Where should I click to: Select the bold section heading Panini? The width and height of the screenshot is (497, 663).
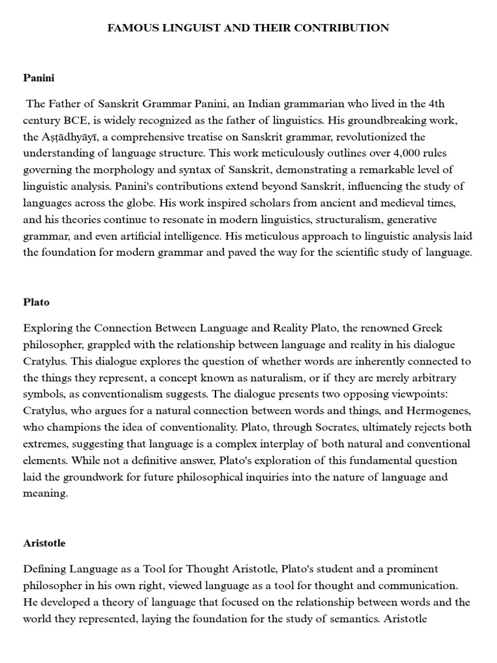pyautogui.click(x=39, y=78)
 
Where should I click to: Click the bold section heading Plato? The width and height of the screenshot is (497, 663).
pyautogui.click(x=36, y=302)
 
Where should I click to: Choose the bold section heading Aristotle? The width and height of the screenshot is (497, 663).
pyautogui.click(x=44, y=543)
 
